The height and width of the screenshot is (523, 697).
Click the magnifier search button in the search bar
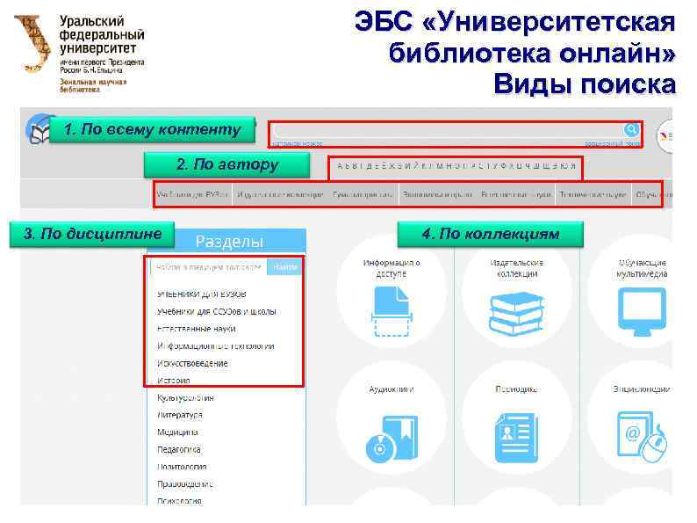tap(630, 129)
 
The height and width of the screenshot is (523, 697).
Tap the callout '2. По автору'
tap(226, 164)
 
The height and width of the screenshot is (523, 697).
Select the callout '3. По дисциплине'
tap(92, 234)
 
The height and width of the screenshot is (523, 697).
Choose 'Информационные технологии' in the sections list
tap(215, 345)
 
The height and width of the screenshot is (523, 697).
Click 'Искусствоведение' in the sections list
tap(192, 363)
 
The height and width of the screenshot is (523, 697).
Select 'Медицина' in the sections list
tap(177, 432)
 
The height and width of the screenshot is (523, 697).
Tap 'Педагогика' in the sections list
tap(180, 449)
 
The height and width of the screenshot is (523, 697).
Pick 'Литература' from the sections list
tap(180, 415)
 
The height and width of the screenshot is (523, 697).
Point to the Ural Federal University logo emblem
tap(33, 44)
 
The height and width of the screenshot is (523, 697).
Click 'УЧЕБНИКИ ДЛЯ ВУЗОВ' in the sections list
tap(201, 294)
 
